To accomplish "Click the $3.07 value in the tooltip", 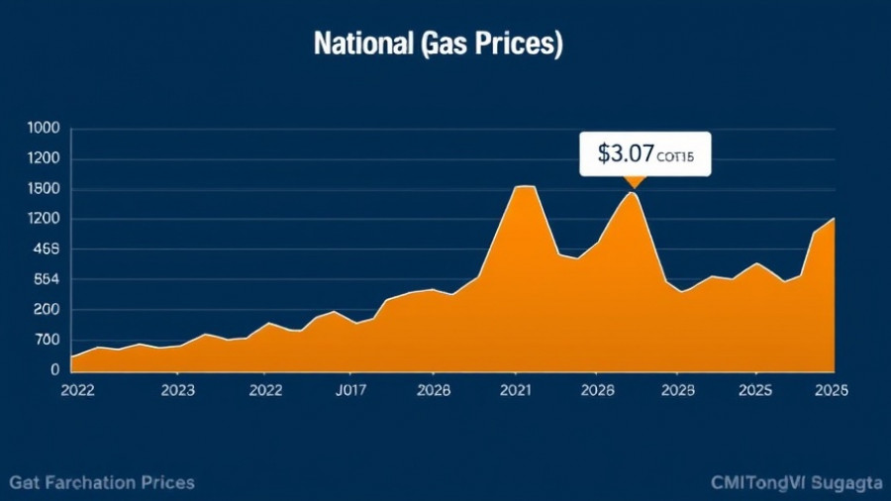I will click(x=626, y=153).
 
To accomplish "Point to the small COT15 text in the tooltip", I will click(x=677, y=155).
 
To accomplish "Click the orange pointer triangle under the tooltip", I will click(x=633, y=182).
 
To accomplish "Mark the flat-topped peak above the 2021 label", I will click(x=524, y=186).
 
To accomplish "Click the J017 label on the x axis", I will click(x=351, y=390).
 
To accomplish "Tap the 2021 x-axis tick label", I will click(x=516, y=390).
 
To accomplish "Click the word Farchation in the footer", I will click(x=99, y=482).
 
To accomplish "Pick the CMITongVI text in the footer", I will click(x=759, y=482).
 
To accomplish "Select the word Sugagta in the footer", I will click(x=845, y=482).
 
